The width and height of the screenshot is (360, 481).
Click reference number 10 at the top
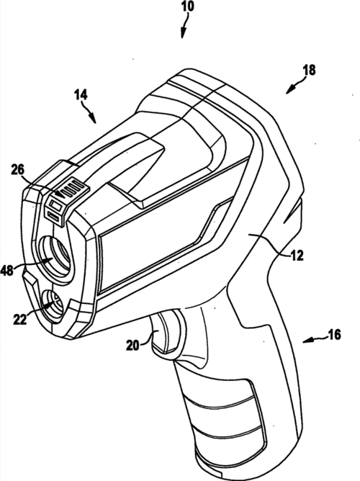pyautogui.click(x=188, y=6)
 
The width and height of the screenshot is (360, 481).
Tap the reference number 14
pyautogui.click(x=81, y=95)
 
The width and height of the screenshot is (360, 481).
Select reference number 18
pyautogui.click(x=309, y=70)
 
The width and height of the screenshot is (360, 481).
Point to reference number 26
pyautogui.click(x=17, y=170)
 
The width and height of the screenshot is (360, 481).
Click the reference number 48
pyautogui.click(x=7, y=270)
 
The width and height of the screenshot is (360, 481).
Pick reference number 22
pyautogui.click(x=20, y=320)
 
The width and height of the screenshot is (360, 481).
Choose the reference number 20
pyautogui.click(x=132, y=346)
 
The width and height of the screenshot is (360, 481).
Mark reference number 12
pyautogui.click(x=297, y=256)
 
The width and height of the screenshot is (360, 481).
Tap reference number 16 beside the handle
pyautogui.click(x=334, y=334)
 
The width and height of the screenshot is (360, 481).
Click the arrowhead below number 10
pyautogui.click(x=183, y=33)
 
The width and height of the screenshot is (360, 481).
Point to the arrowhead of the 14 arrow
pyautogui.click(x=92, y=118)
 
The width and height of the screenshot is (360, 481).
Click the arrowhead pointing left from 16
pyautogui.click(x=307, y=341)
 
